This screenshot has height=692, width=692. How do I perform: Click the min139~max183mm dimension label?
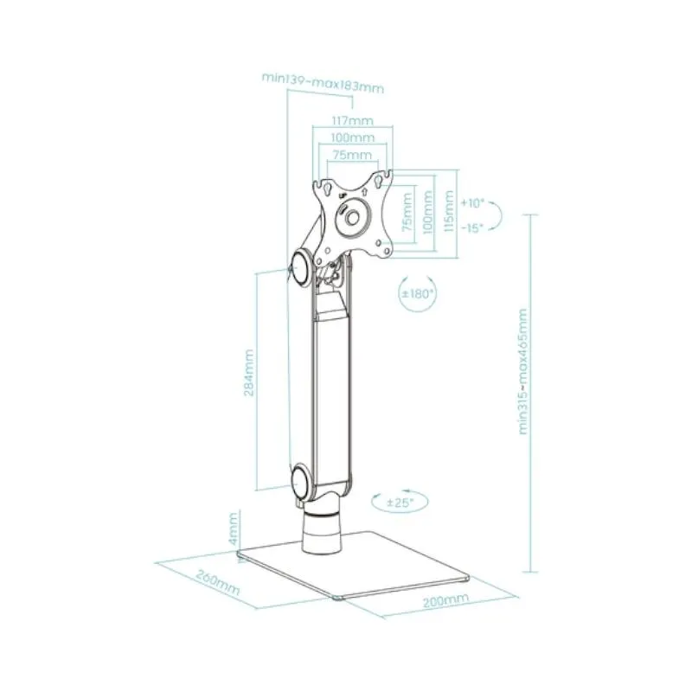pos(323,83)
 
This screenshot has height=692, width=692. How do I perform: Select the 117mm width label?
pos(353,120)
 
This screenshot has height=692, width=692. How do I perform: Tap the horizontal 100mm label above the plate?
pos(353,138)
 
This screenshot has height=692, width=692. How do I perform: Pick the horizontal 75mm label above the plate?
pos(352,155)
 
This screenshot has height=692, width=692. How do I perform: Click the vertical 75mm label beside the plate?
pos(407,212)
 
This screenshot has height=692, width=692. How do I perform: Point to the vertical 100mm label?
pos(427,212)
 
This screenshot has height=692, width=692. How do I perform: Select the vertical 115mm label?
pos(448,211)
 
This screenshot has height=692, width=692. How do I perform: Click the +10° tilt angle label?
pos(472,203)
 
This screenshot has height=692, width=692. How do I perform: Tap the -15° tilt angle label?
pos(472,227)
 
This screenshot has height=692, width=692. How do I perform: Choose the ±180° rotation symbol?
pos(418,293)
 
